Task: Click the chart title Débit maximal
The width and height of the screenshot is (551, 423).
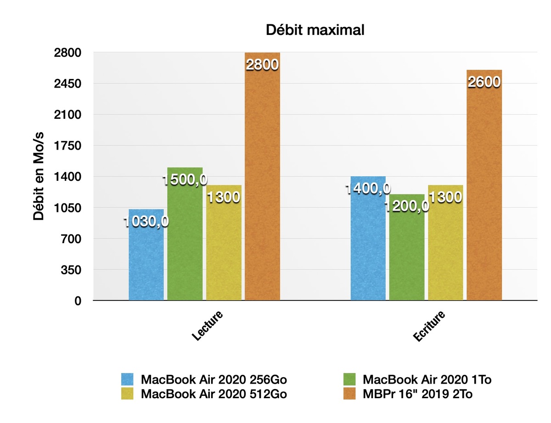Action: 315,31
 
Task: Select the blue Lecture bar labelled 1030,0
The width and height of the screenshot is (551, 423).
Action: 146,262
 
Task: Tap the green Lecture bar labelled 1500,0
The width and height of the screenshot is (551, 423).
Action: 185,243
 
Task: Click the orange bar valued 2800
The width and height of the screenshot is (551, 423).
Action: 262,184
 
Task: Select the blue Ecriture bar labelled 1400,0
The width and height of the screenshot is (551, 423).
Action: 368,248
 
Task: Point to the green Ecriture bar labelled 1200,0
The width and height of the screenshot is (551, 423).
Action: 407,257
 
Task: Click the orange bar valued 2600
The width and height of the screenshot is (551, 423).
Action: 484,193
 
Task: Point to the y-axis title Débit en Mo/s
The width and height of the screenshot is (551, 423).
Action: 39,177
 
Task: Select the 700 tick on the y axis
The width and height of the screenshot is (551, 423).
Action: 73,239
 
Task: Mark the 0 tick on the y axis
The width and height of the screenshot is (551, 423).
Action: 78,301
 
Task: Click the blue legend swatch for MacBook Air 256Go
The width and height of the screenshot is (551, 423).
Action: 128,379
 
